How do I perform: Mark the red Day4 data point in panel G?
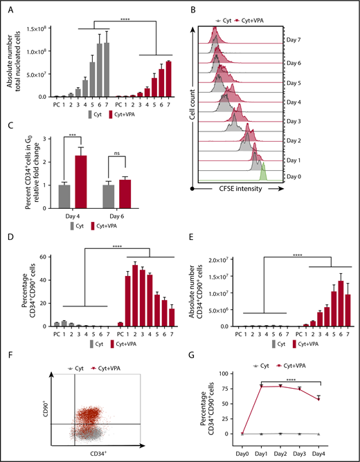[318, 398]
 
